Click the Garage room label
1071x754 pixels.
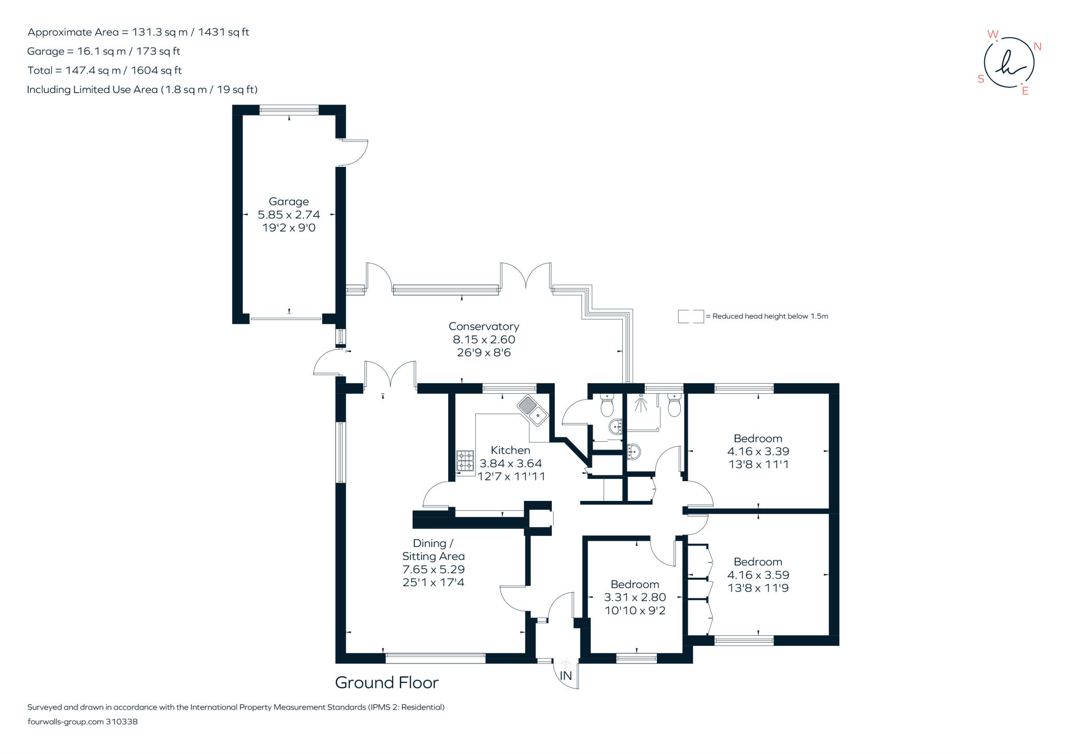point(289,201)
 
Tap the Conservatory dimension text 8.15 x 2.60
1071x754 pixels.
point(484,339)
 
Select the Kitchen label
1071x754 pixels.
point(510,450)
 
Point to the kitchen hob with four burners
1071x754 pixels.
point(465,461)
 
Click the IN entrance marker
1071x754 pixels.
point(566,676)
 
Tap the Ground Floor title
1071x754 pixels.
point(386,682)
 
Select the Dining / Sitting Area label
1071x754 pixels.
point(433,550)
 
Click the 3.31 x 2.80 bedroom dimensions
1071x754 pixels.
point(635,597)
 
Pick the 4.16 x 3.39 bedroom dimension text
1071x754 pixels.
point(758,451)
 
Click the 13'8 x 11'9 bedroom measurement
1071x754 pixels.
point(758,588)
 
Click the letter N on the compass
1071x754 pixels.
point(1038,47)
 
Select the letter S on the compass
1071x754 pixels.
point(981,79)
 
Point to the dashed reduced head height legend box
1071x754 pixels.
point(690,316)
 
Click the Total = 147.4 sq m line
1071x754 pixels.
point(105,70)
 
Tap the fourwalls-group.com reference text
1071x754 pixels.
point(82,722)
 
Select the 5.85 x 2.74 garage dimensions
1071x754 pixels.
point(289,214)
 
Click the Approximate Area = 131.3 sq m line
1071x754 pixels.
point(138,32)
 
